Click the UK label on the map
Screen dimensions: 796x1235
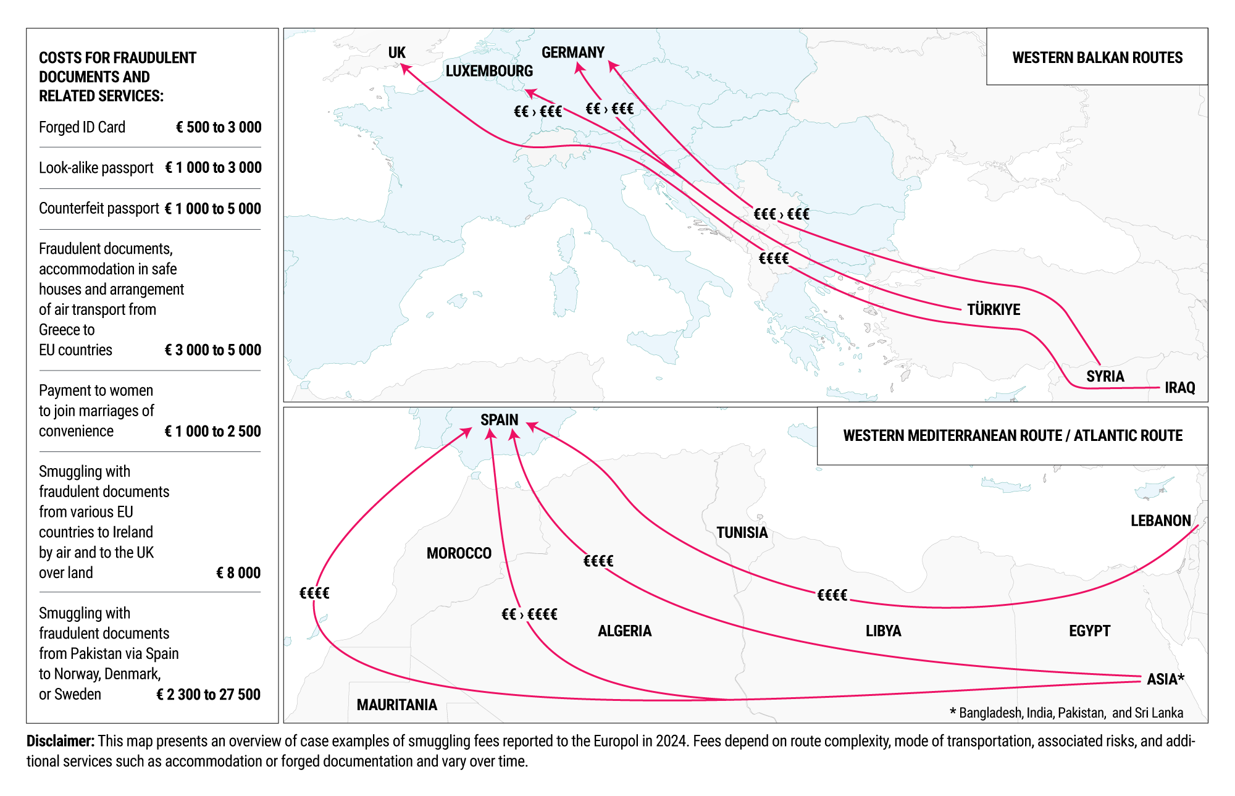tap(396, 53)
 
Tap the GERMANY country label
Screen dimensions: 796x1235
tap(572, 52)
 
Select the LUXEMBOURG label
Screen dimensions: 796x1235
tap(489, 71)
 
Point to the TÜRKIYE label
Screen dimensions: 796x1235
tap(993, 309)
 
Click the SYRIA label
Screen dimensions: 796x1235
tap(1105, 376)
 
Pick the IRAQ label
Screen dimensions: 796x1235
tap(1179, 388)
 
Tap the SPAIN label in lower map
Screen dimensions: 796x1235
tap(499, 420)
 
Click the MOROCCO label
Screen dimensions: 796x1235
tap(459, 553)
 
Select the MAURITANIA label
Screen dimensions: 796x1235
tap(396, 705)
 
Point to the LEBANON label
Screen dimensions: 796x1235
tap(1160, 521)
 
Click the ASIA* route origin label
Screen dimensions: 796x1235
tap(1165, 679)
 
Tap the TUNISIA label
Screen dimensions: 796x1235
tap(742, 532)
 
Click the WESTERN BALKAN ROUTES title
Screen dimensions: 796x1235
tap(1097, 58)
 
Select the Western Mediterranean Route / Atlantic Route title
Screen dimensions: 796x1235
tap(1013, 436)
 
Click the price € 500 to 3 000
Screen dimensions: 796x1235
tap(219, 127)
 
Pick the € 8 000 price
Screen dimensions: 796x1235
tap(238, 573)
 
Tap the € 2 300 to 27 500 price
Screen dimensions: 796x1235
tap(208, 695)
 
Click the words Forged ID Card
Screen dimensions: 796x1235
tap(82, 127)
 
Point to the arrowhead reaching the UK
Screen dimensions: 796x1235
tap(405, 69)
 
